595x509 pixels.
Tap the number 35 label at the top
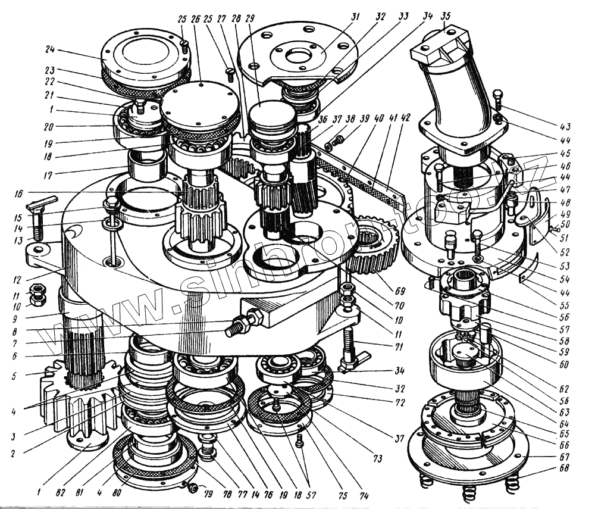(445, 15)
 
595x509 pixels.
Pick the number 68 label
(564, 469)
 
